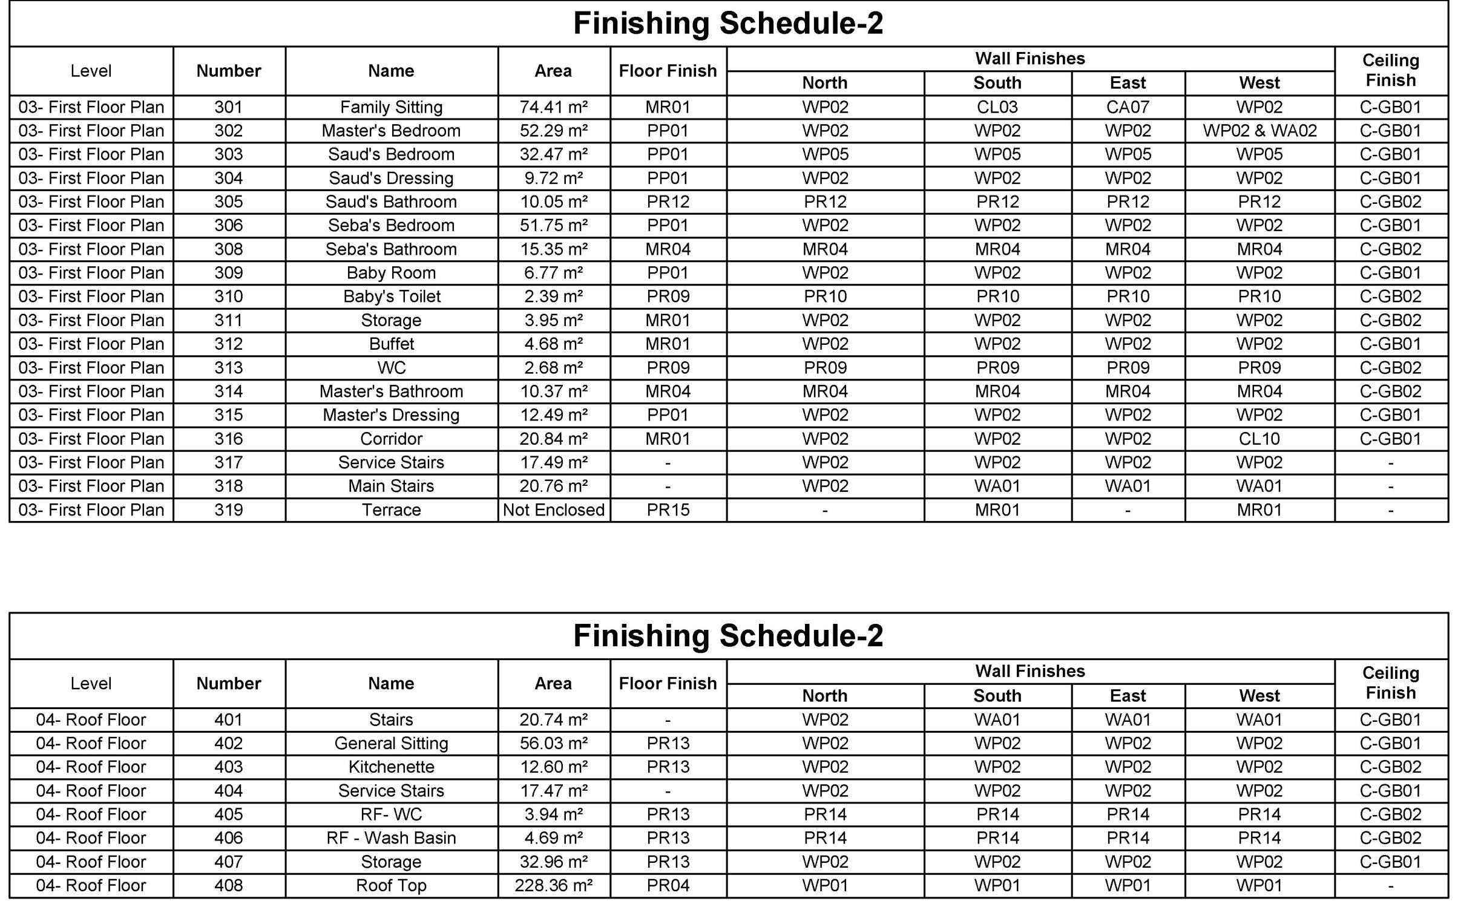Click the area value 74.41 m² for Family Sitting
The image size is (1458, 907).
[x=553, y=107]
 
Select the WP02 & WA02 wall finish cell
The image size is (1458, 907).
[x=1259, y=131]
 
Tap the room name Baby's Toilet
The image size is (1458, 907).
[x=391, y=296]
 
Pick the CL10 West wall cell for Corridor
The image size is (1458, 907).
[x=1259, y=439]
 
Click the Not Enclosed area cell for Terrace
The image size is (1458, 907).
[x=553, y=510]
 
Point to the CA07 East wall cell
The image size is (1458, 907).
[x=1128, y=107]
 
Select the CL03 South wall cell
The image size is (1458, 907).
[x=997, y=107]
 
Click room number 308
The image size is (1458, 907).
[x=228, y=249]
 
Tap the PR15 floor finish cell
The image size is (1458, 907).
[x=668, y=510]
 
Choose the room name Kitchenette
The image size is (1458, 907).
[x=391, y=767]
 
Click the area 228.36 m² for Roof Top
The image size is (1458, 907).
[x=553, y=885]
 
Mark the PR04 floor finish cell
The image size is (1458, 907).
[x=668, y=885]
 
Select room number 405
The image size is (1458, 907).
[x=228, y=814]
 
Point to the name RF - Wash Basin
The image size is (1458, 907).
[x=391, y=838]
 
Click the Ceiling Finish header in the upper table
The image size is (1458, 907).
[x=1390, y=70]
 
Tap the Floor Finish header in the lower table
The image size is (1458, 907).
[x=668, y=683]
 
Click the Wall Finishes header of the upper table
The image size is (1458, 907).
[x=1029, y=59]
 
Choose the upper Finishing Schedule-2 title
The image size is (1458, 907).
[x=728, y=24]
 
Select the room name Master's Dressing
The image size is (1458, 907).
[x=391, y=415]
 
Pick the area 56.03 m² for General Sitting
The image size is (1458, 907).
[x=553, y=743]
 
